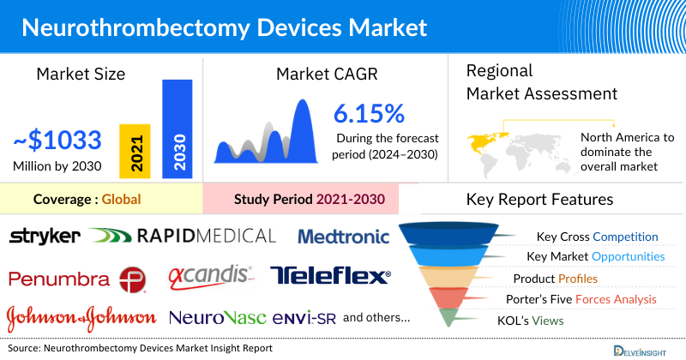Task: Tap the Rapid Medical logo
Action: click(182, 236)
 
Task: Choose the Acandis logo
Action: click(210, 276)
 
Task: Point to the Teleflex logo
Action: click(330, 276)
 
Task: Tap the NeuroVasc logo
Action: click(218, 318)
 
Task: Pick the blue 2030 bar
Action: click(178, 129)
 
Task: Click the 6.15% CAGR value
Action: click(369, 113)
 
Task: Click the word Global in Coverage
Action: click(121, 200)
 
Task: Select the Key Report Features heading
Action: click(539, 200)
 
